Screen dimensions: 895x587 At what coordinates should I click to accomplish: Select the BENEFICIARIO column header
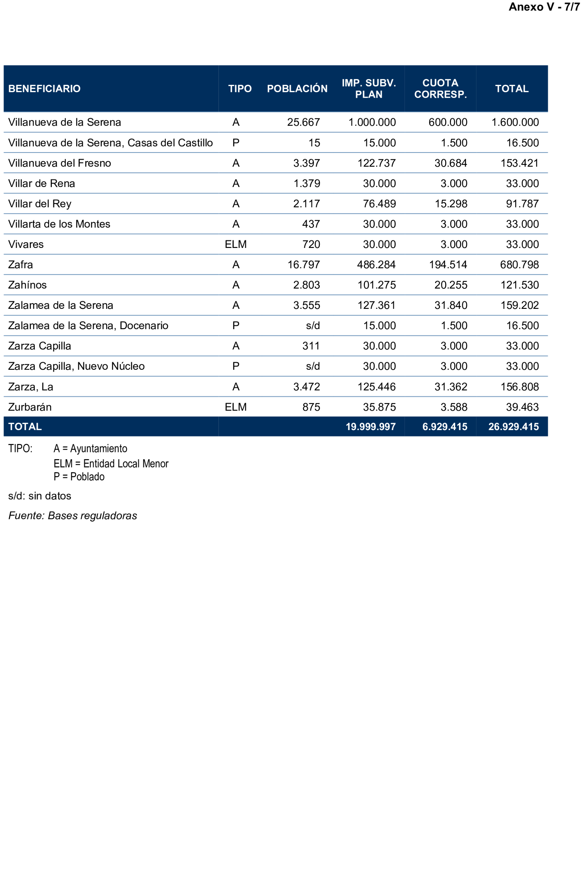44,89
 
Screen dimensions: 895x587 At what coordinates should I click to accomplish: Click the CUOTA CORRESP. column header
440,89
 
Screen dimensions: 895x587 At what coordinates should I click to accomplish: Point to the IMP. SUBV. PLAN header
368,89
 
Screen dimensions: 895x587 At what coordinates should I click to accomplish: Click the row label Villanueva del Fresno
59,163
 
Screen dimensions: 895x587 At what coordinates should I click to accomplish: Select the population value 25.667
303,122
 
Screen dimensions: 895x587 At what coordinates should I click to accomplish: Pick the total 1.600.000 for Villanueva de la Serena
515,122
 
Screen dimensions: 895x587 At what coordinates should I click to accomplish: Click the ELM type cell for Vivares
235,244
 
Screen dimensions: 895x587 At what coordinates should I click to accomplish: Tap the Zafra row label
21,265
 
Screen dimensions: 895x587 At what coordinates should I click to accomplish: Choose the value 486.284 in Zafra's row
376,265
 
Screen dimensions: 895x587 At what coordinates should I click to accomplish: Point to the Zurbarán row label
30,407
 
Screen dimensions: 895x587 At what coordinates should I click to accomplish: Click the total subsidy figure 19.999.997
370,427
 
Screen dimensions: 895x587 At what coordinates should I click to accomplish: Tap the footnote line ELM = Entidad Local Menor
111,463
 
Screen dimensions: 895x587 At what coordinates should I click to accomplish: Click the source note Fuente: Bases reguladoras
73,516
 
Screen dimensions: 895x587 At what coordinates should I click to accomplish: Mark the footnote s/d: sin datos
39,496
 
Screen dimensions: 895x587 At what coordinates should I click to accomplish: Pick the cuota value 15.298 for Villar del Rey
451,204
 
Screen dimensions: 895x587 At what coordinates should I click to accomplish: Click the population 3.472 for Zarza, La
307,387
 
